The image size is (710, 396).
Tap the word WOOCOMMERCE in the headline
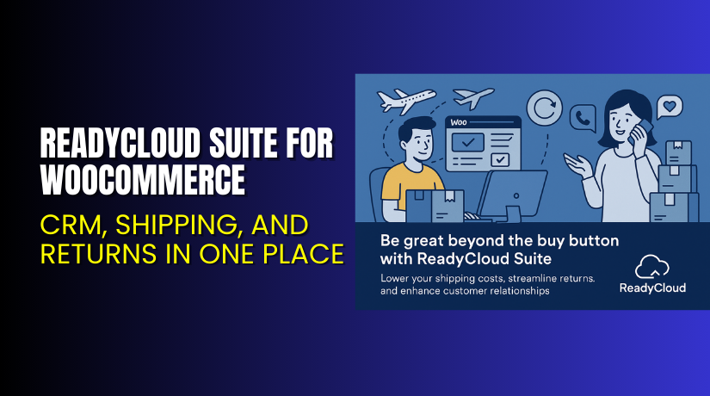[143, 181]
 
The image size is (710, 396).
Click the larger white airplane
[404, 101]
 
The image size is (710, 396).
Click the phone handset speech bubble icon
[585, 117]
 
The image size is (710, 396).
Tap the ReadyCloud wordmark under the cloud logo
[652, 288]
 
